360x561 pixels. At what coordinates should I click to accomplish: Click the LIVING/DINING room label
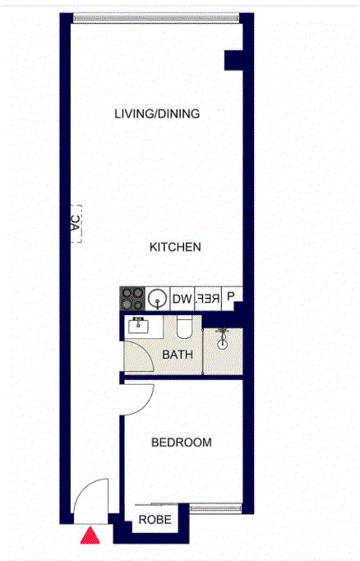pyautogui.click(x=157, y=114)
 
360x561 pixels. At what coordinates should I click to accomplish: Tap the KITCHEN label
pyautogui.click(x=175, y=247)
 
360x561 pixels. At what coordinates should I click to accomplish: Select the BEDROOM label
pyautogui.click(x=182, y=443)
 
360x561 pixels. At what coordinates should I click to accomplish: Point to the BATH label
pyautogui.click(x=178, y=355)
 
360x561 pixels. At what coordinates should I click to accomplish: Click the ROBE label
pyautogui.click(x=155, y=520)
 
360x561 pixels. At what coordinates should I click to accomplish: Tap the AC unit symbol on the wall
pyautogui.click(x=76, y=224)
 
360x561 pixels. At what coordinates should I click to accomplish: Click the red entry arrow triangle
pyautogui.click(x=90, y=535)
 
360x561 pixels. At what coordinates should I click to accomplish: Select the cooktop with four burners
pyautogui.click(x=132, y=299)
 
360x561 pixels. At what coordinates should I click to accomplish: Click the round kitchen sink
pyautogui.click(x=158, y=298)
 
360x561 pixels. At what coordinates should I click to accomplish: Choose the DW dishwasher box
pyautogui.click(x=182, y=299)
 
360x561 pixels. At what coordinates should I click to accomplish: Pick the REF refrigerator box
pyautogui.click(x=208, y=299)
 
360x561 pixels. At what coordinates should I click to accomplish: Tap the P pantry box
pyautogui.click(x=231, y=296)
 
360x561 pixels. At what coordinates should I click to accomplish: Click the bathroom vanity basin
pyautogui.click(x=138, y=325)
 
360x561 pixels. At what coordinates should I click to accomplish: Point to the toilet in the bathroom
pyautogui.click(x=184, y=327)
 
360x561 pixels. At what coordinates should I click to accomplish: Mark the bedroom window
pyautogui.click(x=216, y=508)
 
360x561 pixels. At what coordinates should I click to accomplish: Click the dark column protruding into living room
pyautogui.click(x=233, y=60)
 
